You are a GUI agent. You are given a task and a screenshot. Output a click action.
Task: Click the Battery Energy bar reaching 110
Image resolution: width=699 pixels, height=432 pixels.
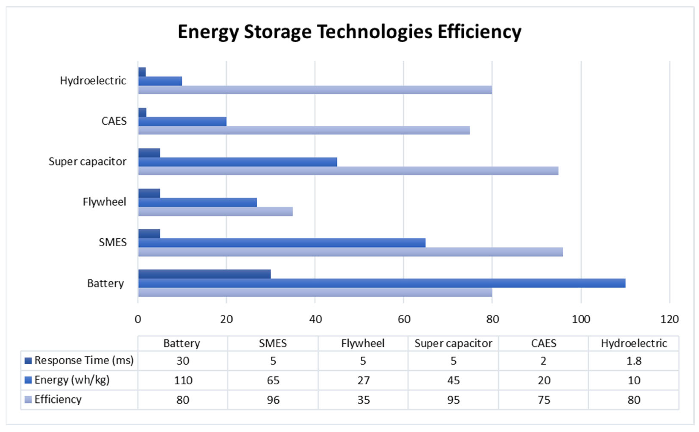381,283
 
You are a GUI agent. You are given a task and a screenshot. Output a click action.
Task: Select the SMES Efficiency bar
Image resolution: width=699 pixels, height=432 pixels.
350,252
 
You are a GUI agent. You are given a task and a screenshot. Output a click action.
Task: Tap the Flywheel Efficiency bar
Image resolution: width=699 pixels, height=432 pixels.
215,211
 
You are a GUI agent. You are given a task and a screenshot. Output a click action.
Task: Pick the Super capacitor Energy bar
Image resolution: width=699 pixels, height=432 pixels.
238,162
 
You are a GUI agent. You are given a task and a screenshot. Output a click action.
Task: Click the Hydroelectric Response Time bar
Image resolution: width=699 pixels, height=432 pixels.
142,72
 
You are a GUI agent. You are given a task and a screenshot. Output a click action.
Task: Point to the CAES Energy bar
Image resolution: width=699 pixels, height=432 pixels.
182,121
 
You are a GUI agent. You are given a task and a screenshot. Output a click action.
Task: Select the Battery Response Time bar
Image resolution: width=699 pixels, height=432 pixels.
204,274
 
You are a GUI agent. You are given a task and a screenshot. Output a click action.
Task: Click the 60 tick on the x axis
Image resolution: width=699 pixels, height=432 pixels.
404,319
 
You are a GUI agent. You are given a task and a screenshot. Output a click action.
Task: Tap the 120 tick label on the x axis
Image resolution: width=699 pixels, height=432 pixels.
669,319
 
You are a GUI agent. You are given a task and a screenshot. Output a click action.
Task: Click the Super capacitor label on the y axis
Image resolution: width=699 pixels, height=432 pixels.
87,162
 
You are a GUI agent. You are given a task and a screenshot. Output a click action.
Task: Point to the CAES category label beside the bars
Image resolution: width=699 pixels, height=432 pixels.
114,121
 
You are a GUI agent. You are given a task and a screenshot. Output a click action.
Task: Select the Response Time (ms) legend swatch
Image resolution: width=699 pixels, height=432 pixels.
28,361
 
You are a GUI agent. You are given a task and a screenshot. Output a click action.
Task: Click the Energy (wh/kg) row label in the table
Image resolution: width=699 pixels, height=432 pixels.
72,380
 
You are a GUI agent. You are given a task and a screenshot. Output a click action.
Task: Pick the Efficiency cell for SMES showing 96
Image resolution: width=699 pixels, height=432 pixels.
273,400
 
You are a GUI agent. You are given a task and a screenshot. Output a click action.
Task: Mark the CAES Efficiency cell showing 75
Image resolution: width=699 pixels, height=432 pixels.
544,400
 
